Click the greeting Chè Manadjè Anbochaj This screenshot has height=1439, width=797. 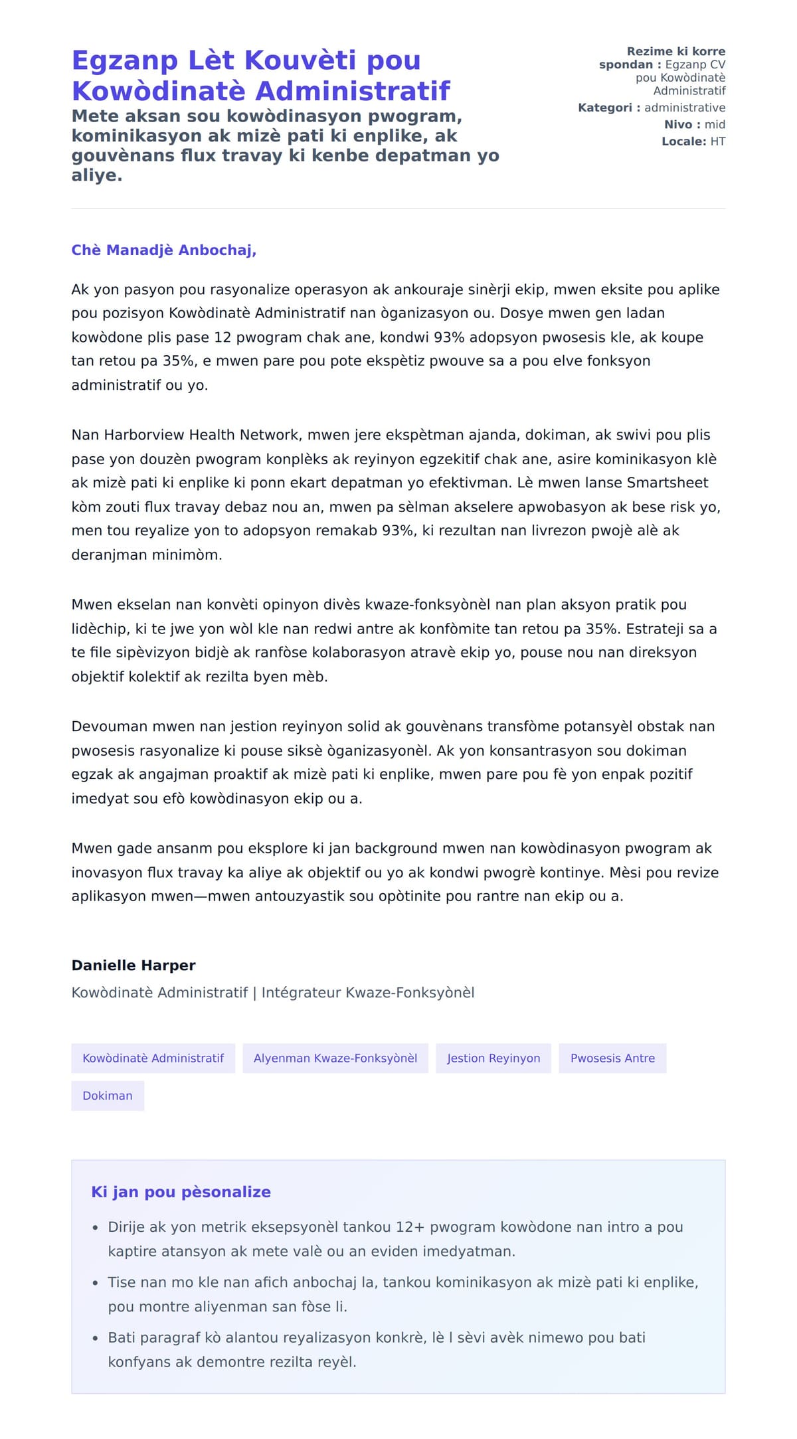pyautogui.click(x=163, y=250)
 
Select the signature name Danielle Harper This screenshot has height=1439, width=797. pyautogui.click(x=133, y=966)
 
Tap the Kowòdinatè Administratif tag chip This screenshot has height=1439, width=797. pyautogui.click(x=153, y=1058)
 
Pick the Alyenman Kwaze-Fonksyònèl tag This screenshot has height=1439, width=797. pyautogui.click(x=335, y=1058)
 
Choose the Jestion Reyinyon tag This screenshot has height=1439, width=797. pyautogui.click(x=493, y=1058)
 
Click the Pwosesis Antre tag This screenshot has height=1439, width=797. pyautogui.click(x=612, y=1058)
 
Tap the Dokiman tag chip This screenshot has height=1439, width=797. pyautogui.click(x=108, y=1096)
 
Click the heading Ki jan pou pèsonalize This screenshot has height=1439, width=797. pyautogui.click(x=181, y=1192)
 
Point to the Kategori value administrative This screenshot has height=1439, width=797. pyautogui.click(x=685, y=108)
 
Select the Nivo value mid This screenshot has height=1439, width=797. pyautogui.click(x=715, y=124)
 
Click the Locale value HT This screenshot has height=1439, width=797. pyautogui.click(x=717, y=141)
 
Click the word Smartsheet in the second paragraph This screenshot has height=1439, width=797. pyautogui.click(x=667, y=483)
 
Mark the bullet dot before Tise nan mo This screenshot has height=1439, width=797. pyautogui.click(x=96, y=1284)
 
